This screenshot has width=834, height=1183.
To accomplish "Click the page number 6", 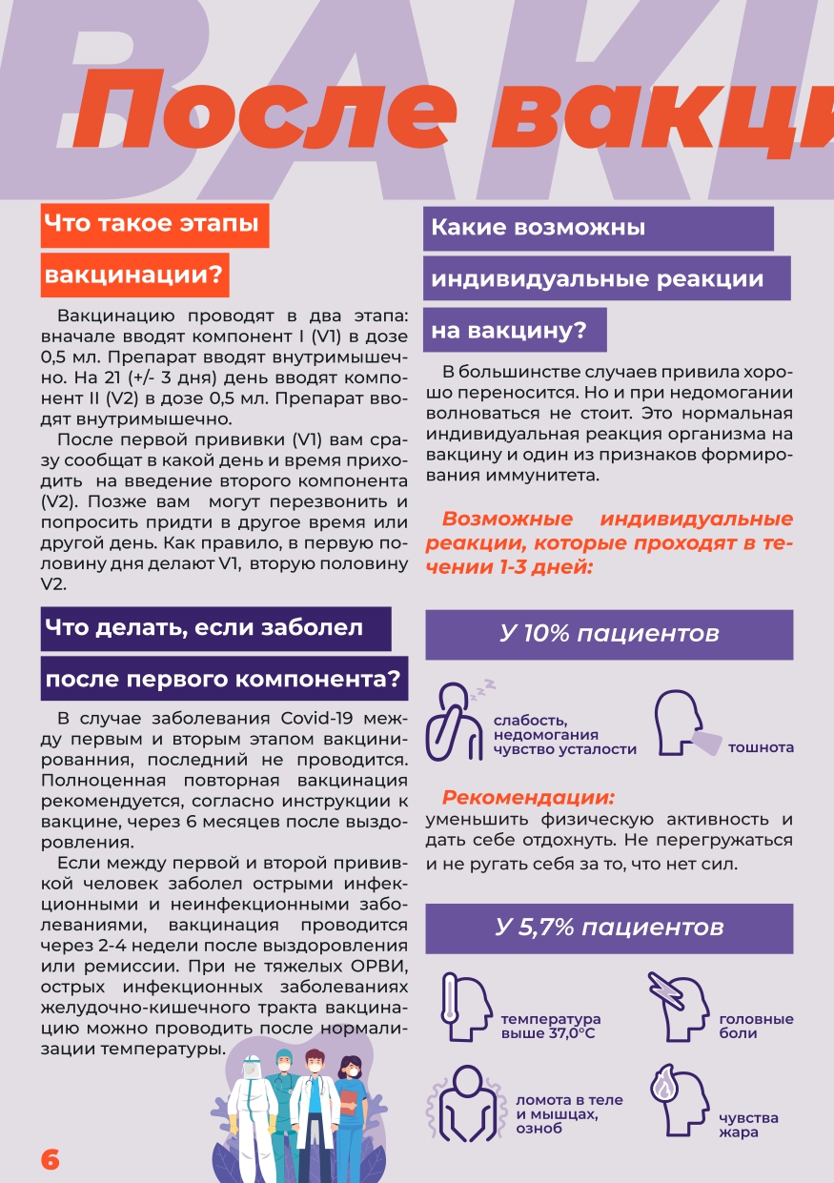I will (x=51, y=1159).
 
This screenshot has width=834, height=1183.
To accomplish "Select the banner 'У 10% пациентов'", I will (x=609, y=635).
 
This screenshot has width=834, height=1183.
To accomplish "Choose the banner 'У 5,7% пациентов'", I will (x=609, y=928).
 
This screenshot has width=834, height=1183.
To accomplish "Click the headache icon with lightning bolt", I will (x=677, y=1006).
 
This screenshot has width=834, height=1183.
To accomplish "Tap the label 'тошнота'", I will (x=761, y=748).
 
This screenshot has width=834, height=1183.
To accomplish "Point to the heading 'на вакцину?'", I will (x=515, y=331).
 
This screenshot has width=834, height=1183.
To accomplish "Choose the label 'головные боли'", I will (x=756, y=1027).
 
